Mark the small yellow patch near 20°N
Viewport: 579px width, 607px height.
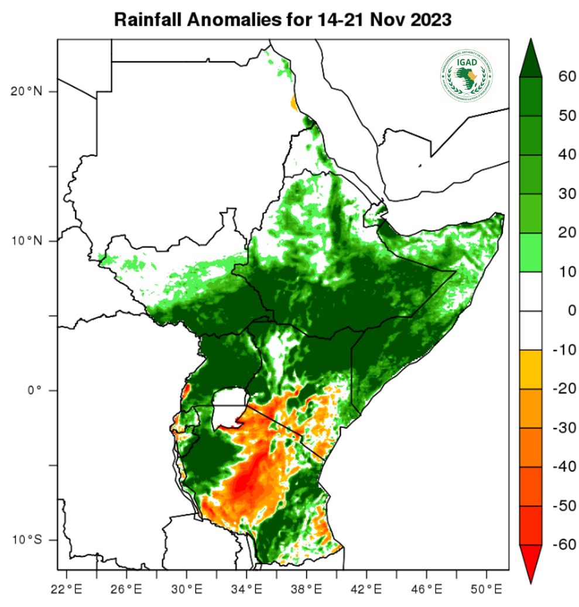tap(294, 104)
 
